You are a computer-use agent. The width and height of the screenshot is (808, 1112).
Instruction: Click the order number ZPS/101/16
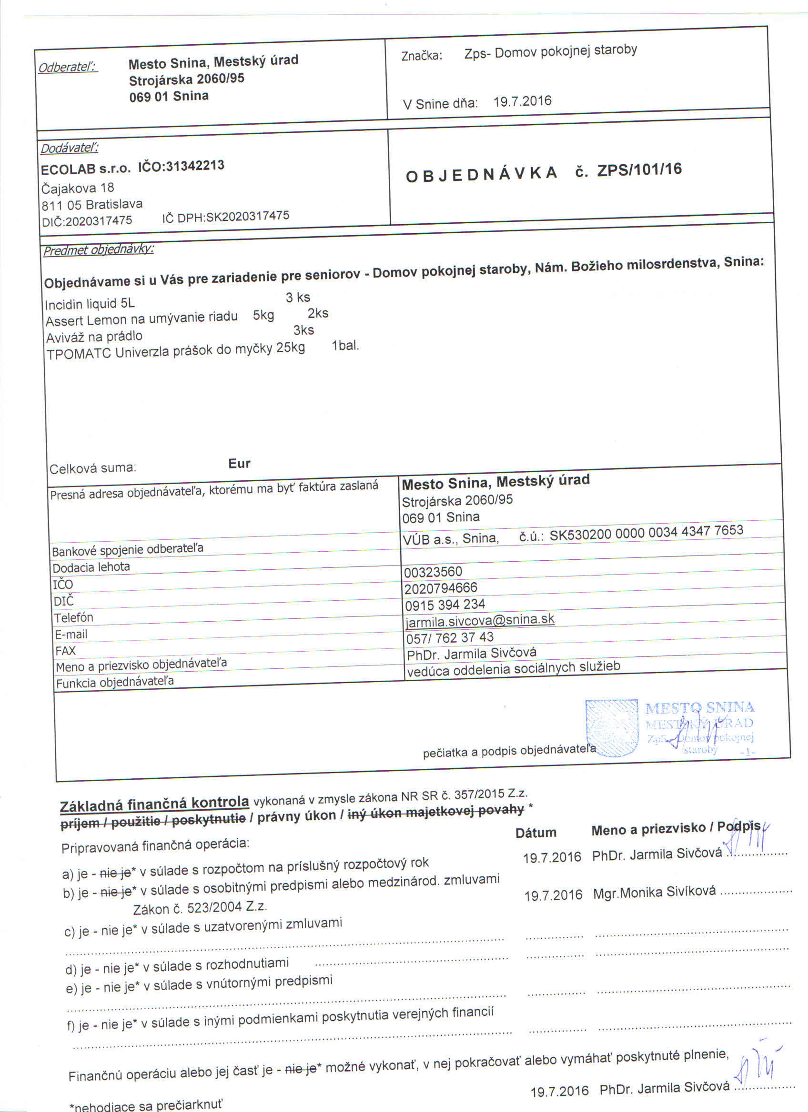pos(639,169)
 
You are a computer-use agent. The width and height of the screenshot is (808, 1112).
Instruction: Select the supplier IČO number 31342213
pos(195,166)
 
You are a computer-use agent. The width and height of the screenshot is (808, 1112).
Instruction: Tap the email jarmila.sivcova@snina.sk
pos(480,620)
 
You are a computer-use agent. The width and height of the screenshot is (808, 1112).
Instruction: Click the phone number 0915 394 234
pos(445,604)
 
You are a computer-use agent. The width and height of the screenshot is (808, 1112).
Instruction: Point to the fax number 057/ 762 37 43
pos(450,637)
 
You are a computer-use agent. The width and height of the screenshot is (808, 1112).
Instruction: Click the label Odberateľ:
pos(68,67)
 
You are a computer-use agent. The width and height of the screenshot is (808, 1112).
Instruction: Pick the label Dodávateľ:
pos(69,148)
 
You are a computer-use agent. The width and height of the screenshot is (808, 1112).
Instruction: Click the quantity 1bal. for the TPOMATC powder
pos(345,346)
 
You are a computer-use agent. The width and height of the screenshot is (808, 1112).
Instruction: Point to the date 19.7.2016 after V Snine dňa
pos(522,101)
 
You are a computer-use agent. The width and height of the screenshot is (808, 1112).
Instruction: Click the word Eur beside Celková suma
pos(240,463)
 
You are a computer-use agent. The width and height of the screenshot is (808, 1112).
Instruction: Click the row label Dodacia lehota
pos(91,567)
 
